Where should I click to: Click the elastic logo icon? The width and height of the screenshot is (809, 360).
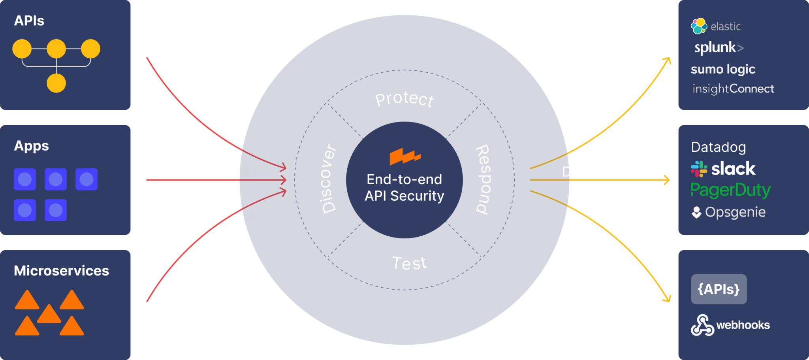[699, 26]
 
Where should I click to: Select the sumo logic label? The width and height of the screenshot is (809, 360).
[723, 70]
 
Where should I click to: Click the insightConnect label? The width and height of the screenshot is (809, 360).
[733, 89]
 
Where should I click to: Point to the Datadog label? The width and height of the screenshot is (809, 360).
[718, 147]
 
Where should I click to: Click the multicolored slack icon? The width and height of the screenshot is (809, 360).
[699, 169]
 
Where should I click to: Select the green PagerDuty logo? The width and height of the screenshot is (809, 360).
[730, 190]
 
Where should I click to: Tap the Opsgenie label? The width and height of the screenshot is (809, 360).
[735, 212]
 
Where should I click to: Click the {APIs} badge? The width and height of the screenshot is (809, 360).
[719, 289]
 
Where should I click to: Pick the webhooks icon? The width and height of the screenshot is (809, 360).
[702, 325]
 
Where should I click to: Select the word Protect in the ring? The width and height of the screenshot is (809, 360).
[404, 99]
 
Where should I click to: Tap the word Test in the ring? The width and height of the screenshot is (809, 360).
[409, 263]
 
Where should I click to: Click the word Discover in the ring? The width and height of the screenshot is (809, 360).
[328, 179]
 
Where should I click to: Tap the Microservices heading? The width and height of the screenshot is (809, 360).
[61, 271]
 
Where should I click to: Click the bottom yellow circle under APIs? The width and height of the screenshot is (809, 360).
[56, 83]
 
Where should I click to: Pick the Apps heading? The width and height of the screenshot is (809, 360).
[31, 146]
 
